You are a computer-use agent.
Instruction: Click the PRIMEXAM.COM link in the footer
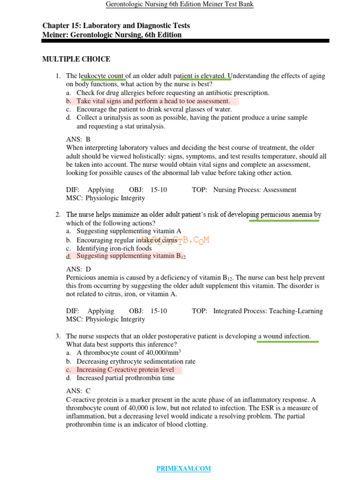[183, 468]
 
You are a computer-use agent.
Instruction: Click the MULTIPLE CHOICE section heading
[76, 59]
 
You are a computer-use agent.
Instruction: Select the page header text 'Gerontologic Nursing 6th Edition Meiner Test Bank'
[180, 5]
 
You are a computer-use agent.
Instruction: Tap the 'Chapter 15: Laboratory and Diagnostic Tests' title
[116, 26]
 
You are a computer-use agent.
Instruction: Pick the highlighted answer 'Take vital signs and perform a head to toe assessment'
[153, 101]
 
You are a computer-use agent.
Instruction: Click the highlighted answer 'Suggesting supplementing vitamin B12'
[131, 256]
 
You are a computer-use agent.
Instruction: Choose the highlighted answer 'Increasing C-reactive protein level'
[125, 370]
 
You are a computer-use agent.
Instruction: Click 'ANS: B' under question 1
[78, 139]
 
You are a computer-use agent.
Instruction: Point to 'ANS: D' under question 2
[78, 269]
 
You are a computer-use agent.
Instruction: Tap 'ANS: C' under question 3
[78, 391]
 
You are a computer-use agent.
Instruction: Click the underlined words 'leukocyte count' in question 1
[102, 76]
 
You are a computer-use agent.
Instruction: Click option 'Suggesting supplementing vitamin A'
[129, 231]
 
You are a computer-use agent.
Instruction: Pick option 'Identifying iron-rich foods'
[114, 248]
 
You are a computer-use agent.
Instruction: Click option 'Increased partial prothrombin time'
[126, 378]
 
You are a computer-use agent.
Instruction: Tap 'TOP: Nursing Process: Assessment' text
[244, 190]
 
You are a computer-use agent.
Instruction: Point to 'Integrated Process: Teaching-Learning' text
[268, 311]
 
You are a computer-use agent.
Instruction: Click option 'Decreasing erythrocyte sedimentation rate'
[136, 361]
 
